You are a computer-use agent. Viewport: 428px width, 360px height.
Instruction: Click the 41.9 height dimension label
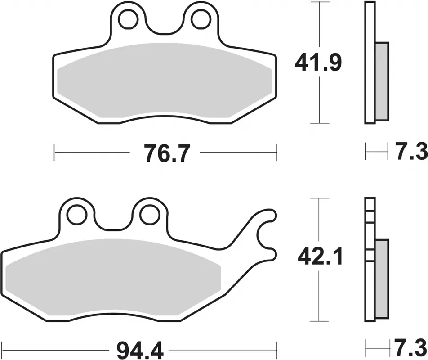(318, 63)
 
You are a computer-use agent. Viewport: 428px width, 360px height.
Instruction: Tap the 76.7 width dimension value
(166, 153)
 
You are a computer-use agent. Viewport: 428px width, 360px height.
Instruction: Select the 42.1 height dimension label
(320, 257)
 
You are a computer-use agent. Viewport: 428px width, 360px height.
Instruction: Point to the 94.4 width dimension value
(140, 351)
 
